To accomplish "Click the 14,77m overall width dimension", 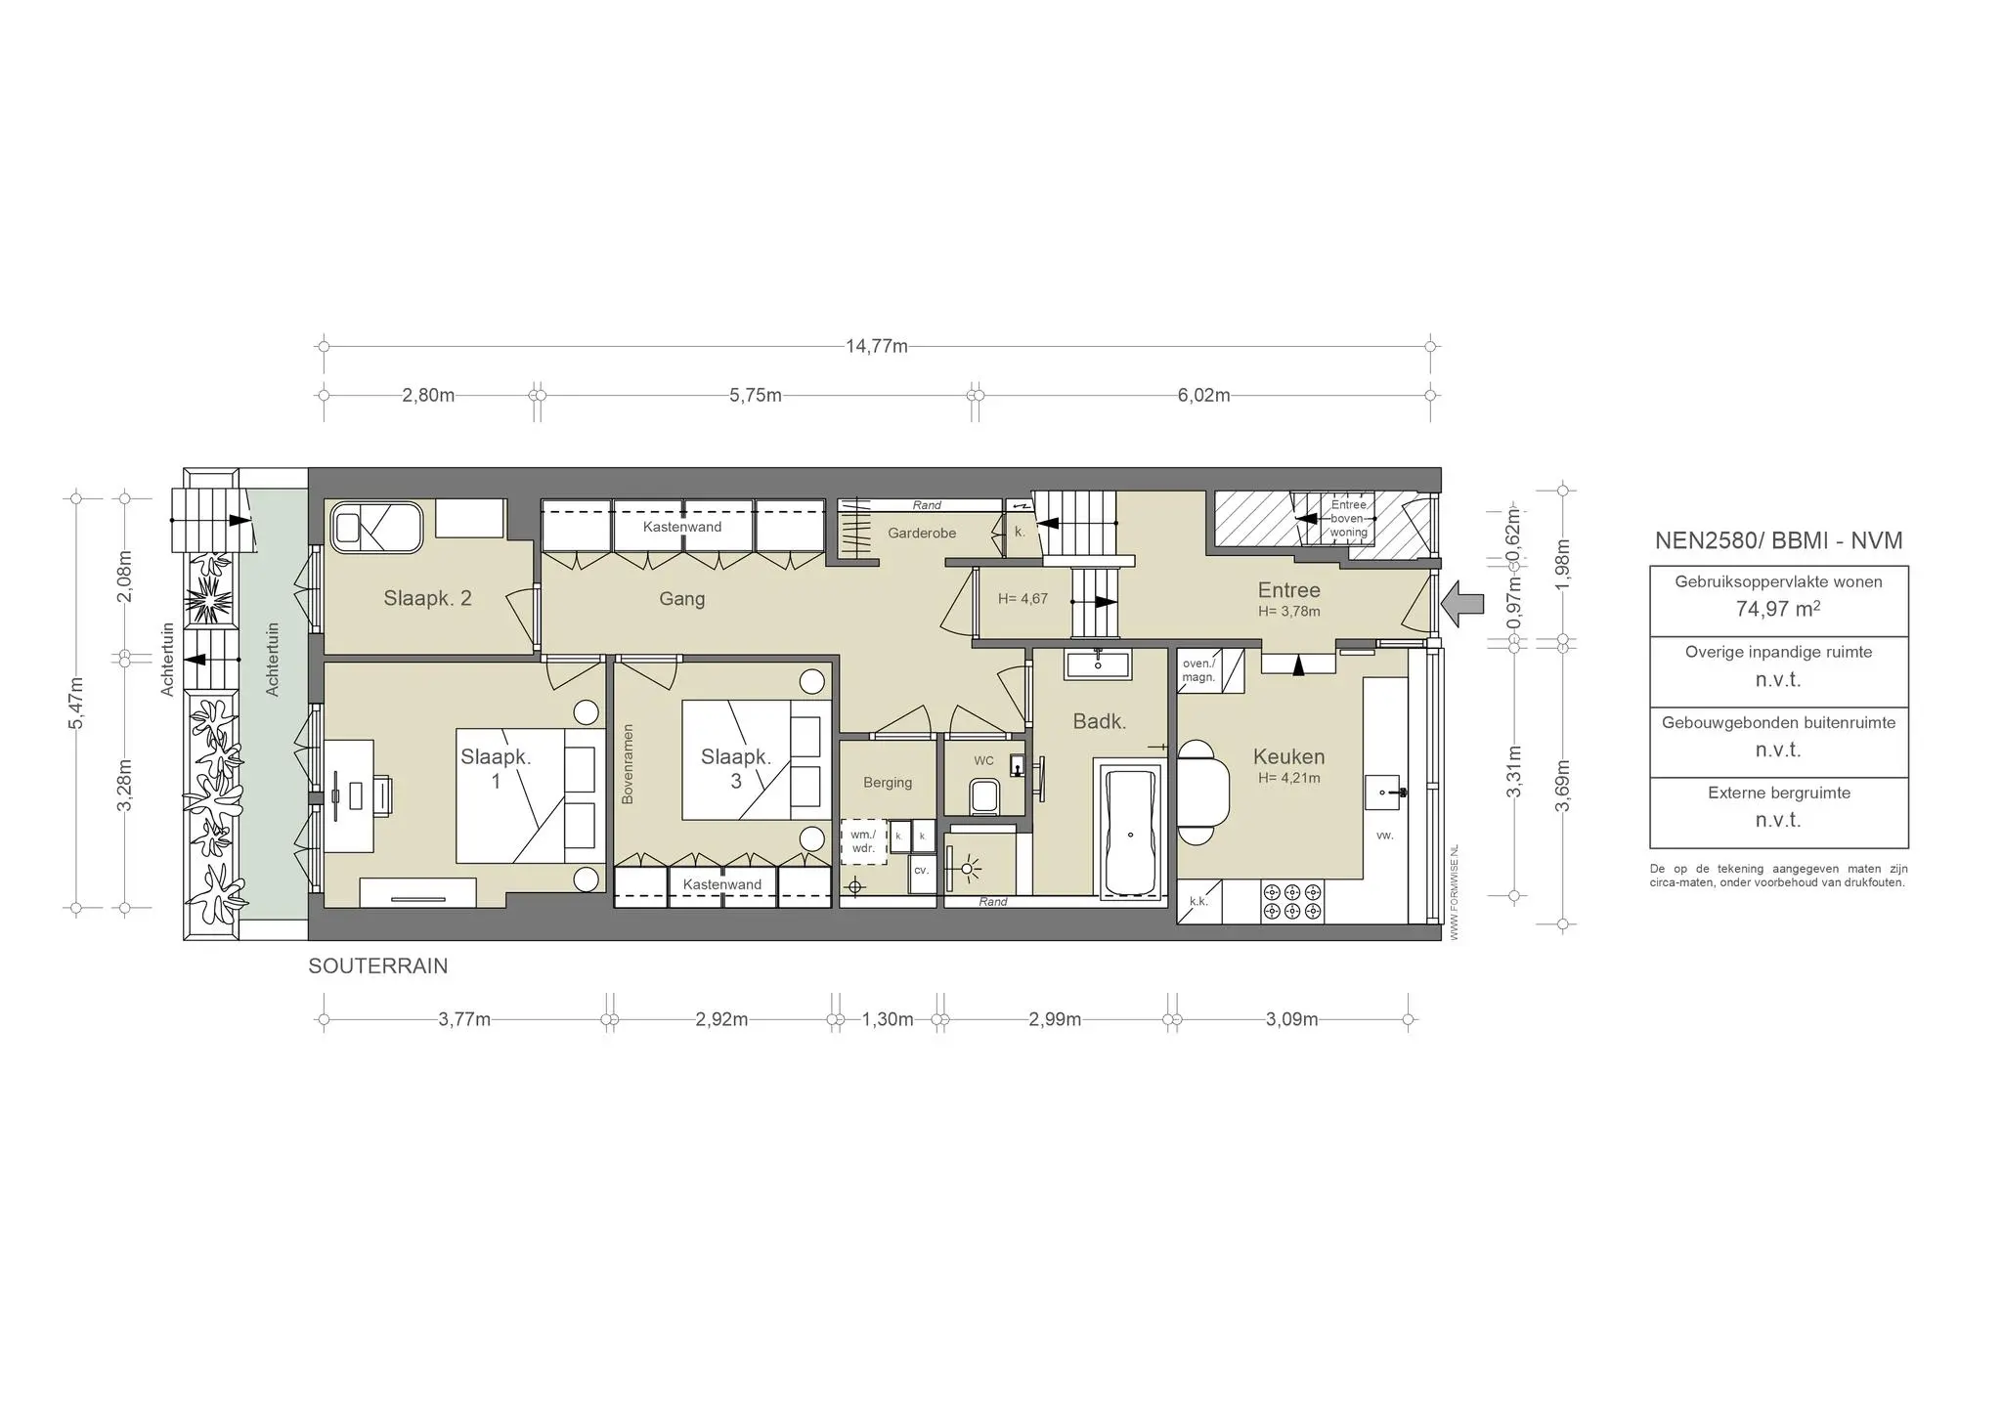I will [x=876, y=346].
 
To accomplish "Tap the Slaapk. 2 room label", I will [x=427, y=599].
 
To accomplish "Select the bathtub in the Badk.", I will [x=1131, y=831].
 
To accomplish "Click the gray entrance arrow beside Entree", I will [x=1462, y=603].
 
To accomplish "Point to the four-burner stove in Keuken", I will [x=1292, y=902].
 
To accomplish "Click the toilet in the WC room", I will [x=982, y=795].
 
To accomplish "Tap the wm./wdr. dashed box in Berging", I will [x=863, y=841].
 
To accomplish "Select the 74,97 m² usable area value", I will [x=1777, y=610].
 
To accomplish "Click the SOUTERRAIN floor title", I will [x=377, y=966].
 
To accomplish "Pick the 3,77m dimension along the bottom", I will [x=463, y=1020].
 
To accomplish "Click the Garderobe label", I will [x=922, y=534].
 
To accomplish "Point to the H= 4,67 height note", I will [x=1023, y=599].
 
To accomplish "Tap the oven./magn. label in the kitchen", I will [x=1197, y=670].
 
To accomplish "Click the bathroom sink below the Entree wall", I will [x=1098, y=665].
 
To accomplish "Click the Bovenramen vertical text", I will [x=628, y=764].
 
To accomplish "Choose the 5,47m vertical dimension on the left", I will [x=77, y=702].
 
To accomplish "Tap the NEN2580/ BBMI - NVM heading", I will [x=1778, y=541].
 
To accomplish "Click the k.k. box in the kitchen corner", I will [x=1198, y=902].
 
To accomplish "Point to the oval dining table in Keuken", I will [x=1203, y=793].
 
